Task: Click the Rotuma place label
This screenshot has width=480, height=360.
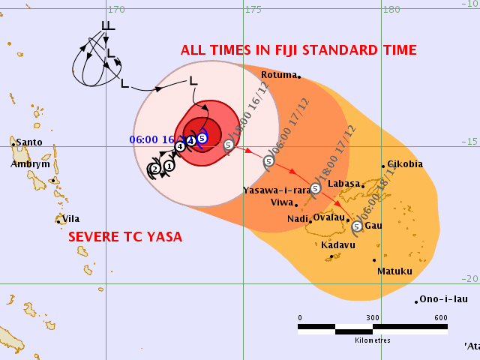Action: (x=278, y=75)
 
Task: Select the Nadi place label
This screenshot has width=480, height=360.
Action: (x=298, y=218)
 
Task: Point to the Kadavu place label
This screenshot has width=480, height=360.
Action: (x=337, y=245)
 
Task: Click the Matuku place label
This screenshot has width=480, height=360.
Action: (x=394, y=271)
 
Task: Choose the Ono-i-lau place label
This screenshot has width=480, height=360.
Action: (x=443, y=298)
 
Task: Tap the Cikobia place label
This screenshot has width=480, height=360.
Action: (x=405, y=164)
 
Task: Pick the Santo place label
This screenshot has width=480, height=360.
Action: (x=28, y=142)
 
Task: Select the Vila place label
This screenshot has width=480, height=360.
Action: (x=70, y=219)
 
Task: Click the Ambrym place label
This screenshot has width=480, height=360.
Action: (x=30, y=164)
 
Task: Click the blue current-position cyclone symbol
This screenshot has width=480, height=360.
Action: (x=202, y=137)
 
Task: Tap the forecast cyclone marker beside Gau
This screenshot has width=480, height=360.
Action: (x=356, y=226)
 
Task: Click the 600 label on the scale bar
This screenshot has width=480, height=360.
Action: (x=440, y=318)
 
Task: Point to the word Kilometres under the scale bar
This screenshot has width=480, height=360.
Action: (x=373, y=340)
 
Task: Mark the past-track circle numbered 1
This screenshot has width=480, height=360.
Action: (x=169, y=166)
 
